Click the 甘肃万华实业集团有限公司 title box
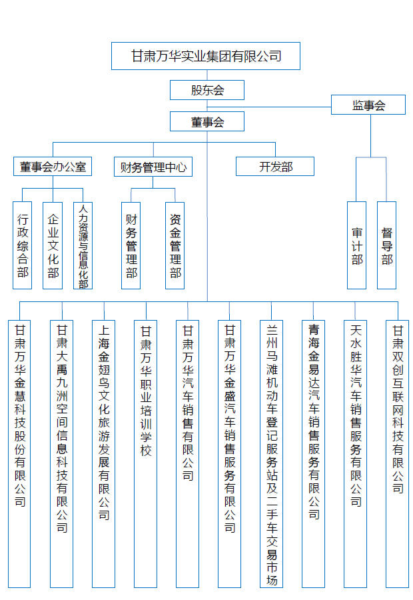click(x=205, y=56)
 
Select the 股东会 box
click(x=206, y=90)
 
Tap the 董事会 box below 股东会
click(x=206, y=121)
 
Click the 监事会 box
click(x=368, y=105)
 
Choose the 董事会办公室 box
click(x=53, y=167)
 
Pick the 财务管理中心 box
click(x=153, y=167)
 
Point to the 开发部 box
click(x=275, y=167)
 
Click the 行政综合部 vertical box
click(x=23, y=245)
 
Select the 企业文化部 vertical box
click(x=53, y=245)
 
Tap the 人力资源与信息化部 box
click(x=83, y=245)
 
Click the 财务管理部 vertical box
click(x=131, y=245)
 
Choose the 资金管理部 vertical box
click(x=175, y=245)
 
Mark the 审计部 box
click(x=357, y=245)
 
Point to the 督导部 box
click(x=387, y=245)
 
